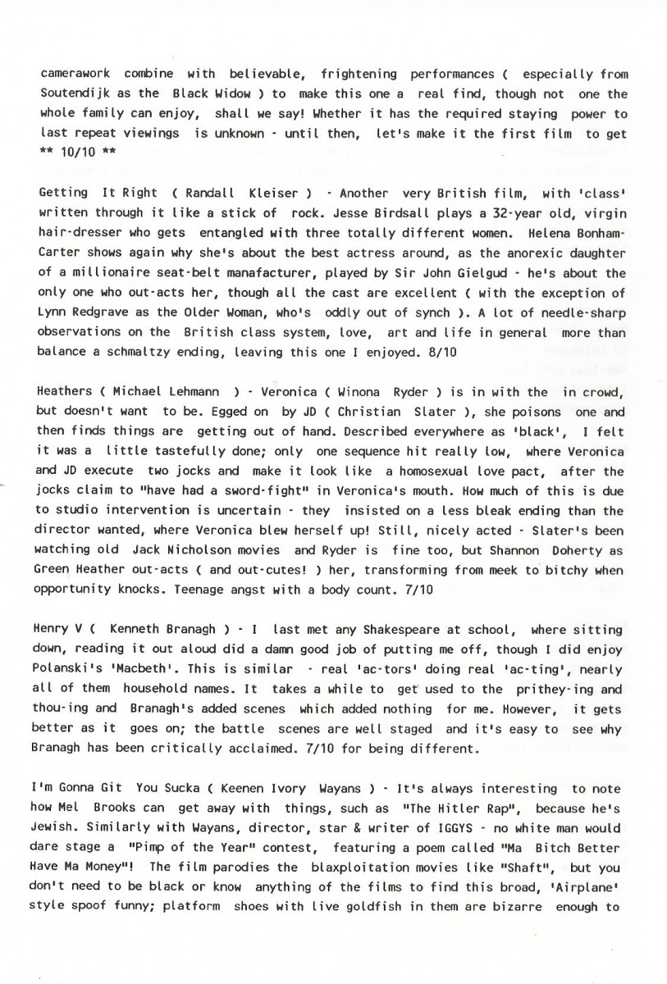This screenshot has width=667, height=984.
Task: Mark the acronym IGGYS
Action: click(424, 826)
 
